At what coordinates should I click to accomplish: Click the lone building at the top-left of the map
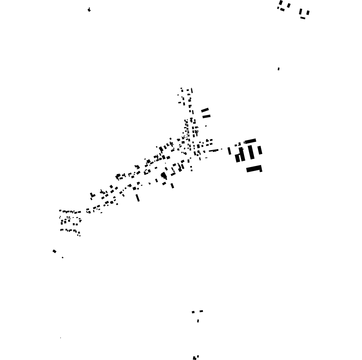coord(89,10)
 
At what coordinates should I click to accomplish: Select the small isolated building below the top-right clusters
coord(279,69)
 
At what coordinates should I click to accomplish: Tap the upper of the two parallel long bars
coord(205,110)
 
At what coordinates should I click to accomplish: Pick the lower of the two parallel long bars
coord(206,116)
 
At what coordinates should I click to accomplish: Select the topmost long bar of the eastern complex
coord(250,141)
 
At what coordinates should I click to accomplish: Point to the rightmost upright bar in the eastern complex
coord(260,150)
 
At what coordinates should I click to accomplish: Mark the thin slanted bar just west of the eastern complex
coord(229,151)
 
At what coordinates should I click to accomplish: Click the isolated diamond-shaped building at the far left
coord(54,251)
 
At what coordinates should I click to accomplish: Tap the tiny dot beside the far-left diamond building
coord(63,258)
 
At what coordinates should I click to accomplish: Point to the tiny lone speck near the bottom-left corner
coord(60,338)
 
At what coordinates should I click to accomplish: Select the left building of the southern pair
coord(193,312)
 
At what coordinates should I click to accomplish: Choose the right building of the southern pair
coord(201,311)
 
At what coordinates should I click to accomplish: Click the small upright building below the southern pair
coord(198,321)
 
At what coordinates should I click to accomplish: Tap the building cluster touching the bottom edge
coord(195,357)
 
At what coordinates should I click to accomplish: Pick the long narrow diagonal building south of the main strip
coord(138,198)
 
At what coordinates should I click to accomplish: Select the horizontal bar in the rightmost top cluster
coord(303,18)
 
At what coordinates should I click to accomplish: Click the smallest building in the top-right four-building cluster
coord(278,8)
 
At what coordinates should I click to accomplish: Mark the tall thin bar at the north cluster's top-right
coord(192,91)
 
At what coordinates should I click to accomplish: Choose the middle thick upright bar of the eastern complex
coord(251,152)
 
